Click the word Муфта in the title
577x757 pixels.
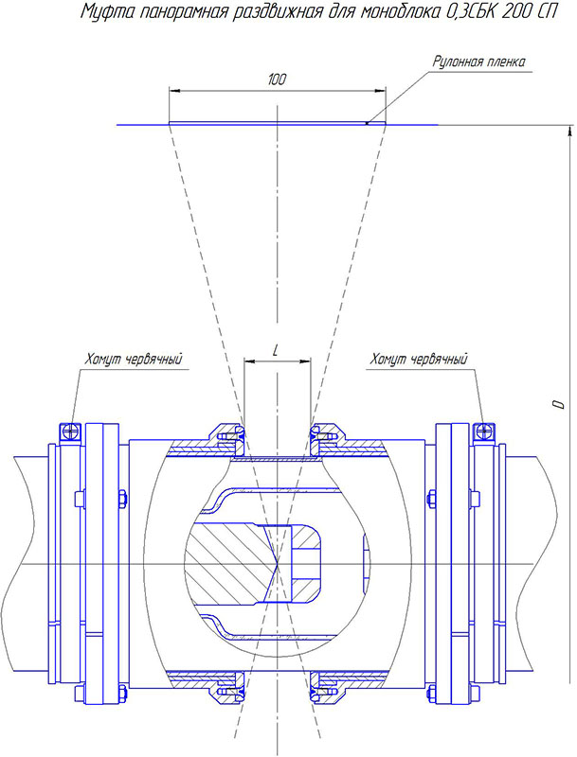[x=102, y=13]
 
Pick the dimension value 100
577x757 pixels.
[x=277, y=80]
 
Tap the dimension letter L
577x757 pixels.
[x=276, y=350]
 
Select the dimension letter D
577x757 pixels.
[x=559, y=405]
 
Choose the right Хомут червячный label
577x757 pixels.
[x=419, y=359]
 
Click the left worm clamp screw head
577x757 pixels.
[x=68, y=431]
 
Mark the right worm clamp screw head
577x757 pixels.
[x=484, y=431]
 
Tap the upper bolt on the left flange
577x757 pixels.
[x=123, y=497]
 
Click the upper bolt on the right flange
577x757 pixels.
[x=431, y=497]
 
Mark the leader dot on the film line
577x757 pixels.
[x=367, y=122]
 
